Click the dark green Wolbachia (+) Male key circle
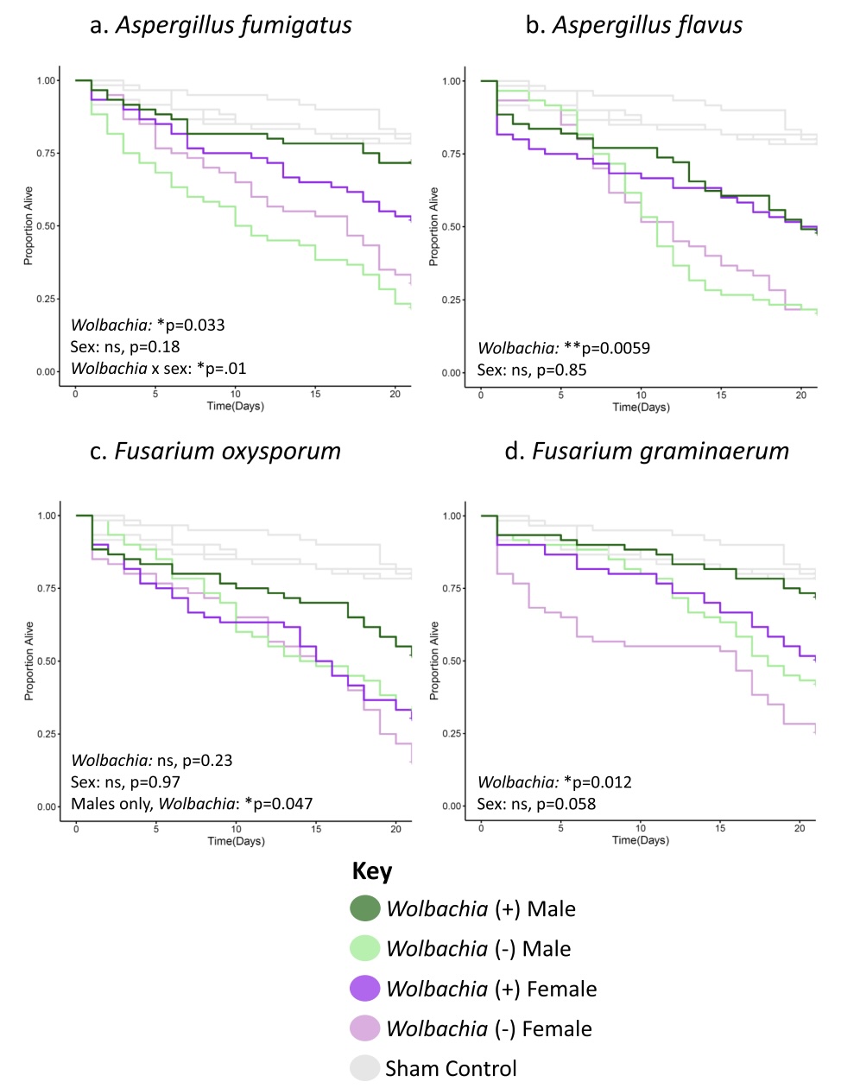pos(365,908)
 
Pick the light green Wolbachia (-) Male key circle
pos(365,948)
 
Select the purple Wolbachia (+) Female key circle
pos(365,989)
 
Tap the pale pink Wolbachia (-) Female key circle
pos(365,1028)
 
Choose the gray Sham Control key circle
pos(365,1068)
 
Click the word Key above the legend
pos(372,871)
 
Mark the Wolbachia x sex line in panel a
pos(158,369)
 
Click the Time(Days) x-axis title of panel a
pos(235,406)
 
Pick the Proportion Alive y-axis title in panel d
pos(434,661)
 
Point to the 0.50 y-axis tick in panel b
pos(452,227)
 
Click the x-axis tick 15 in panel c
pos(316,829)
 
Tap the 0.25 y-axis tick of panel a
pos(46,299)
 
